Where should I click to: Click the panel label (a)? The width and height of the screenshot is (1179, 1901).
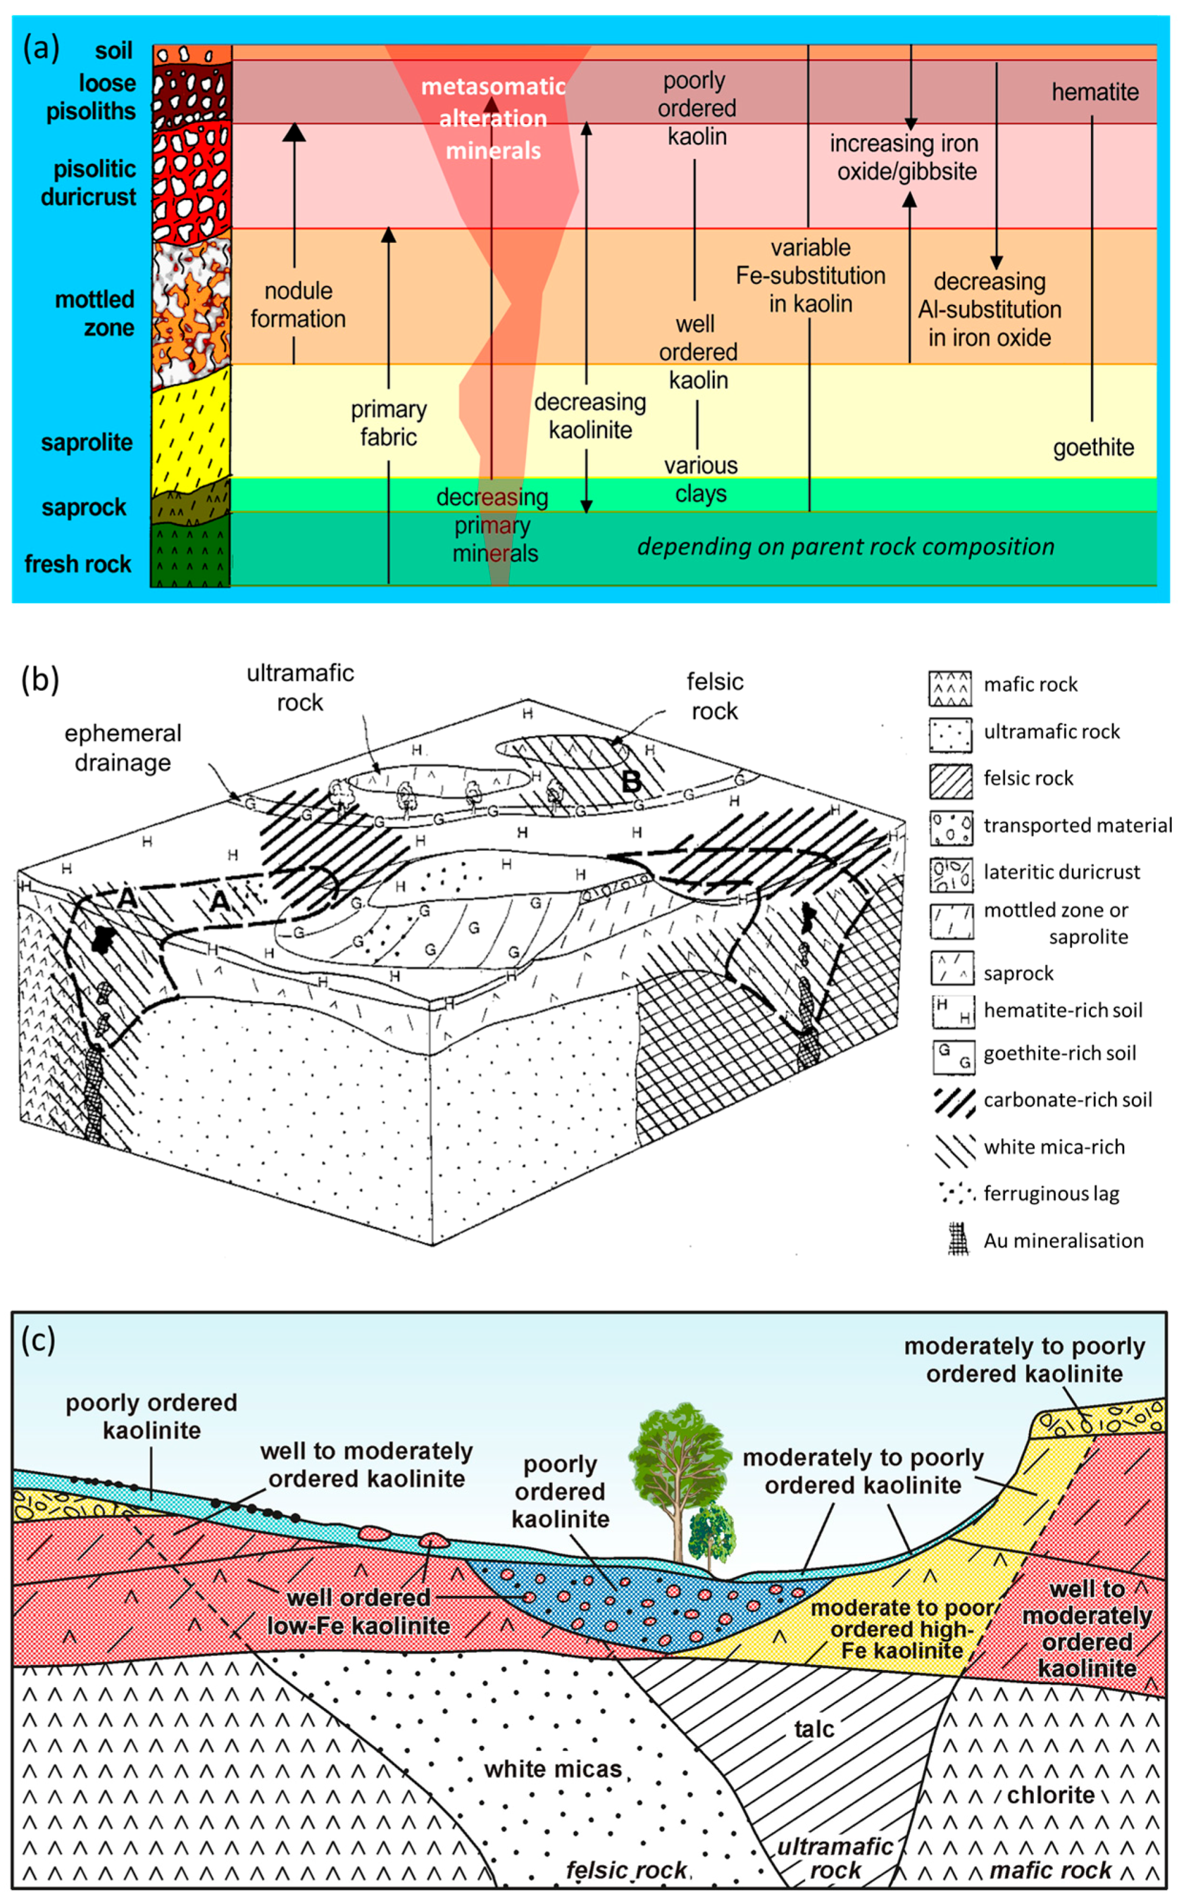tap(40, 48)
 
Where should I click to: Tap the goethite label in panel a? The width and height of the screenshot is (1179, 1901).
tap(1093, 448)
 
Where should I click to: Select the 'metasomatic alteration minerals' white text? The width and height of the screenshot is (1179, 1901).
tap(493, 119)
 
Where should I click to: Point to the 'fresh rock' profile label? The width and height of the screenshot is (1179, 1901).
tap(78, 564)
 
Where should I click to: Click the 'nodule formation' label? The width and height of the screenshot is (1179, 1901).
tap(298, 305)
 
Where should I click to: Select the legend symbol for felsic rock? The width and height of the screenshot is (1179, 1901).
tap(950, 781)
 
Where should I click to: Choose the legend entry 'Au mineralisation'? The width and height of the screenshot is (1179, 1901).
tap(1063, 1241)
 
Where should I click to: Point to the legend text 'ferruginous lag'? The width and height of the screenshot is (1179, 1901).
tap(1050, 1193)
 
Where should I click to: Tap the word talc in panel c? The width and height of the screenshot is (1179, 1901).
tap(814, 1729)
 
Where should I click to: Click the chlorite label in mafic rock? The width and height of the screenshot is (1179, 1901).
tap(1050, 1795)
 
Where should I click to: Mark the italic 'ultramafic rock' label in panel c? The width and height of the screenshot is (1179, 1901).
tap(835, 1858)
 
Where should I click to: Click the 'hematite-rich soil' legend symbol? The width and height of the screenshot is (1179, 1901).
tap(953, 1011)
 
